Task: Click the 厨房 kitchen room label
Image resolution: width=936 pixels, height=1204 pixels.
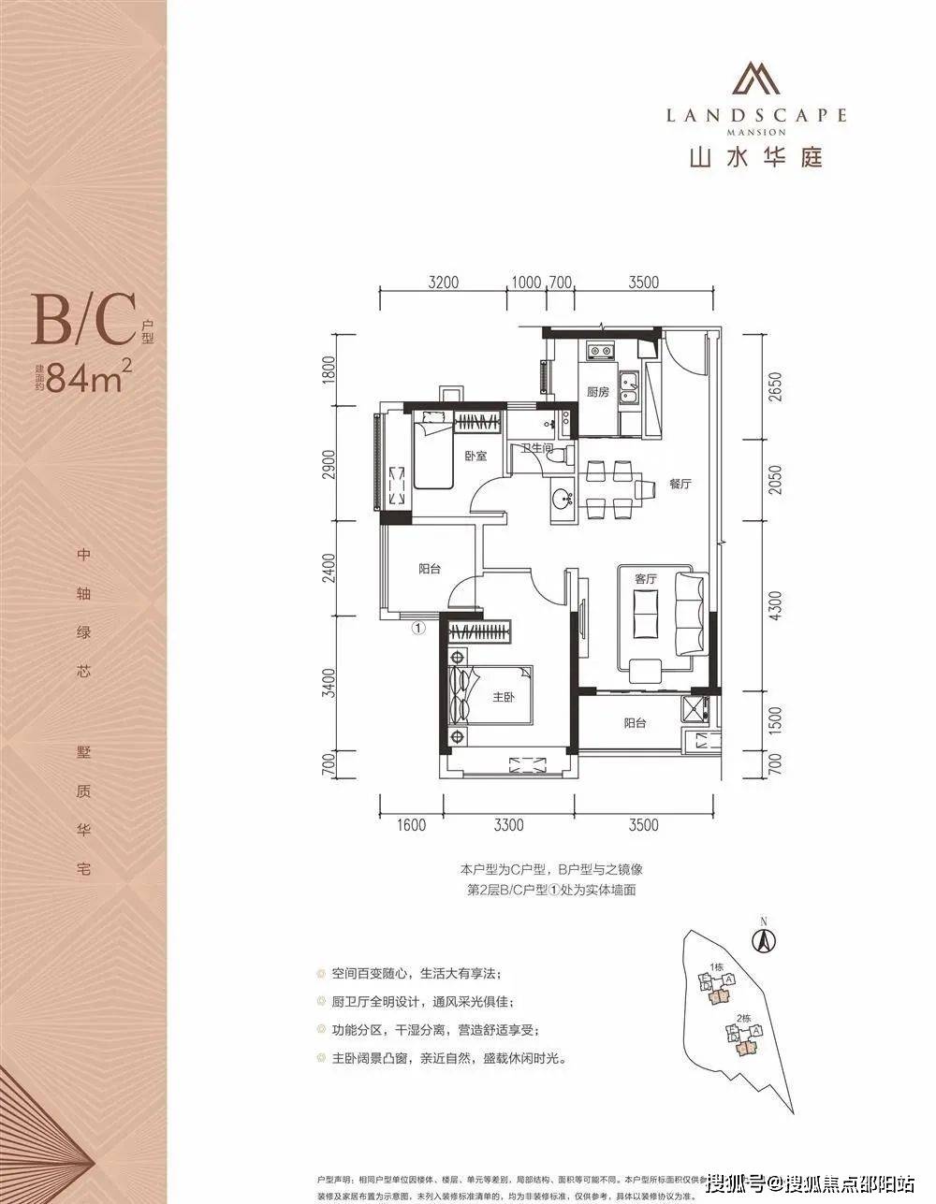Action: (597, 392)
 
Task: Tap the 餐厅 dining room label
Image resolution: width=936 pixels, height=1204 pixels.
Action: (680, 485)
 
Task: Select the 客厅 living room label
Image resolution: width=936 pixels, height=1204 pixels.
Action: (646, 579)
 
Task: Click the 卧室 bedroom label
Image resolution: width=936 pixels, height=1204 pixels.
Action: (475, 457)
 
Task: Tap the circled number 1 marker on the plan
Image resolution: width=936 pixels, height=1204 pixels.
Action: (418, 628)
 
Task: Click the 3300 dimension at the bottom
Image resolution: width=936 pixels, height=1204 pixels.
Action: (508, 824)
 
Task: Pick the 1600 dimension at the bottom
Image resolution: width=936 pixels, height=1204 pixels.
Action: (411, 824)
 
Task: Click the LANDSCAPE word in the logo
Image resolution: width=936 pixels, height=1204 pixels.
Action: (756, 115)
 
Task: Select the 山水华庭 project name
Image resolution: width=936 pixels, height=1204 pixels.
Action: (756, 156)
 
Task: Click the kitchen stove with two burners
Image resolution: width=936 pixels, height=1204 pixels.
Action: (599, 352)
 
